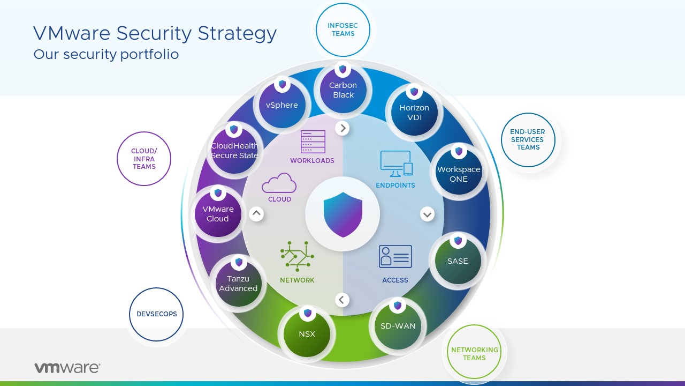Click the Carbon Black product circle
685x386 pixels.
(x=343, y=90)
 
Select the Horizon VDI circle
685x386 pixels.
(x=414, y=113)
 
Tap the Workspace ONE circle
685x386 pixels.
(x=459, y=174)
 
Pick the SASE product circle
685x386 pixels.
(x=458, y=261)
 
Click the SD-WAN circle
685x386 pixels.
(x=398, y=326)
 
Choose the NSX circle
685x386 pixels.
(x=307, y=333)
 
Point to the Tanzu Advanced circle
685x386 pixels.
(x=239, y=283)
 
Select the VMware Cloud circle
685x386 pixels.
(x=218, y=213)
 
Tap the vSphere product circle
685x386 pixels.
(x=282, y=105)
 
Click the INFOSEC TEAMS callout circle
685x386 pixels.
(x=343, y=29)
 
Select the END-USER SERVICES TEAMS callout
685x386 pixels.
(x=528, y=140)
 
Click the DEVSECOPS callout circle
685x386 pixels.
(x=156, y=314)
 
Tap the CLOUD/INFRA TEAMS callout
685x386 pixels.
(x=144, y=159)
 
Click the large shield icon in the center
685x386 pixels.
(x=342, y=214)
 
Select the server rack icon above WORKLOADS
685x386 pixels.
(x=313, y=142)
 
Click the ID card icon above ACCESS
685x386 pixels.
(x=395, y=256)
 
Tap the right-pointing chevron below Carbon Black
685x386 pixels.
(x=342, y=128)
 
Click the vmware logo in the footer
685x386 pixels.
(x=67, y=368)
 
